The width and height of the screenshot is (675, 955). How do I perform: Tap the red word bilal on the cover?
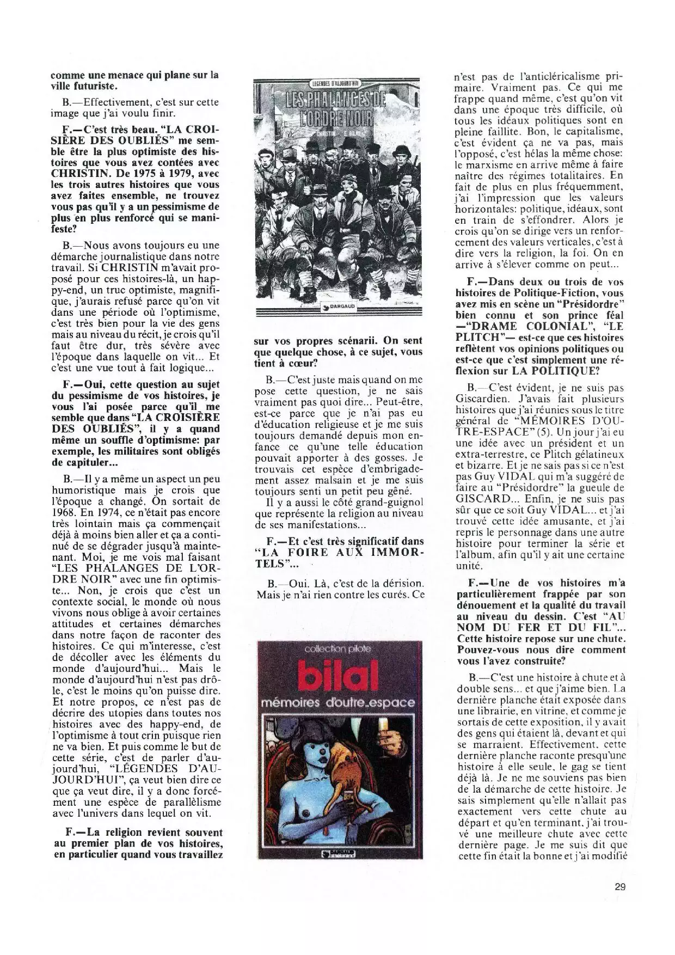point(339,677)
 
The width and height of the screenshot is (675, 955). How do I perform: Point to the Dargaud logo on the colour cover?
point(338,853)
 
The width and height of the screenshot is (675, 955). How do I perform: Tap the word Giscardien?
point(480,399)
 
